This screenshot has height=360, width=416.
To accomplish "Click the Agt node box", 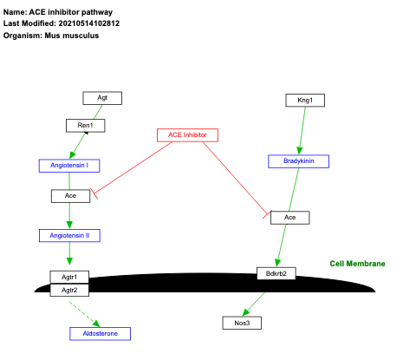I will [102, 99].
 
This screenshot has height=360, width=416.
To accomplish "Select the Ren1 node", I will [85, 126].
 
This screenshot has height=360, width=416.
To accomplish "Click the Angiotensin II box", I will [69, 235].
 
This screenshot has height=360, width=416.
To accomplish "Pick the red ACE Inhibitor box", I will [187, 134].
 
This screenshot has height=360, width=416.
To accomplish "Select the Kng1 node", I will [305, 101].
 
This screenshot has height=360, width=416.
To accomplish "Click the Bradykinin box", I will [297, 161].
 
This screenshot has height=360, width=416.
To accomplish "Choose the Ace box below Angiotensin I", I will [70, 196].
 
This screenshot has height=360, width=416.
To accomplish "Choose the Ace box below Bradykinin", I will [289, 217].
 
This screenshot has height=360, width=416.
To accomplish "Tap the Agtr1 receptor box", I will [69, 277].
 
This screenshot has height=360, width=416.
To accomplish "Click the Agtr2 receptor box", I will [69, 290].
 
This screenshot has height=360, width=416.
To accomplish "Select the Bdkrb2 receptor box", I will [276, 273].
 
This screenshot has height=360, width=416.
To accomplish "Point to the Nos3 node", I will [242, 323].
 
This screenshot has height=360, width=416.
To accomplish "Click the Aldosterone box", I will [100, 333].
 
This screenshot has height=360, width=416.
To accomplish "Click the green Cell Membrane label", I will [357, 264].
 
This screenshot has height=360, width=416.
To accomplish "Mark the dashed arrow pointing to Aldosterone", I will [85, 311].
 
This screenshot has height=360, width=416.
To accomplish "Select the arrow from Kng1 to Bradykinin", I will [302, 130].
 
